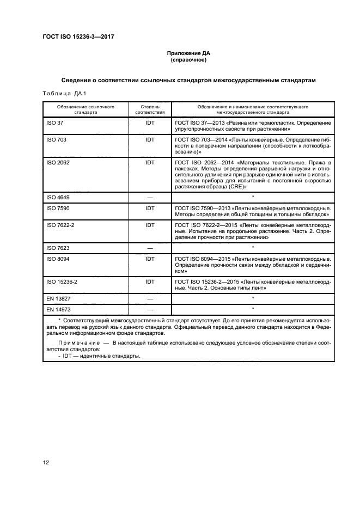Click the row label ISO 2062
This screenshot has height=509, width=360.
point(58,163)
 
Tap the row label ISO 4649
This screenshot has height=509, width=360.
point(58,197)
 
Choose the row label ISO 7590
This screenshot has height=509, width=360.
point(58,208)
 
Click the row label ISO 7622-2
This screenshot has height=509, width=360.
point(61,224)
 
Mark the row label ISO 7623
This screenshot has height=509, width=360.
point(58,247)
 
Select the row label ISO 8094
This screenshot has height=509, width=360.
point(58,258)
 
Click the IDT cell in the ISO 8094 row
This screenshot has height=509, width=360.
point(150,258)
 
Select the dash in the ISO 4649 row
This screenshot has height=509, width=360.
point(150,197)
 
